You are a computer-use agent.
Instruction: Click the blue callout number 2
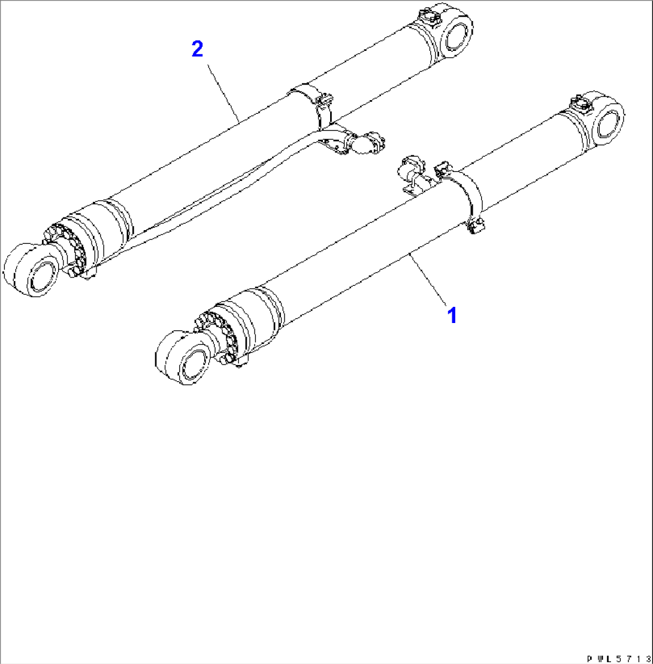tap(197, 49)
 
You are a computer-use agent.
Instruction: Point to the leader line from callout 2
tap(225, 91)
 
